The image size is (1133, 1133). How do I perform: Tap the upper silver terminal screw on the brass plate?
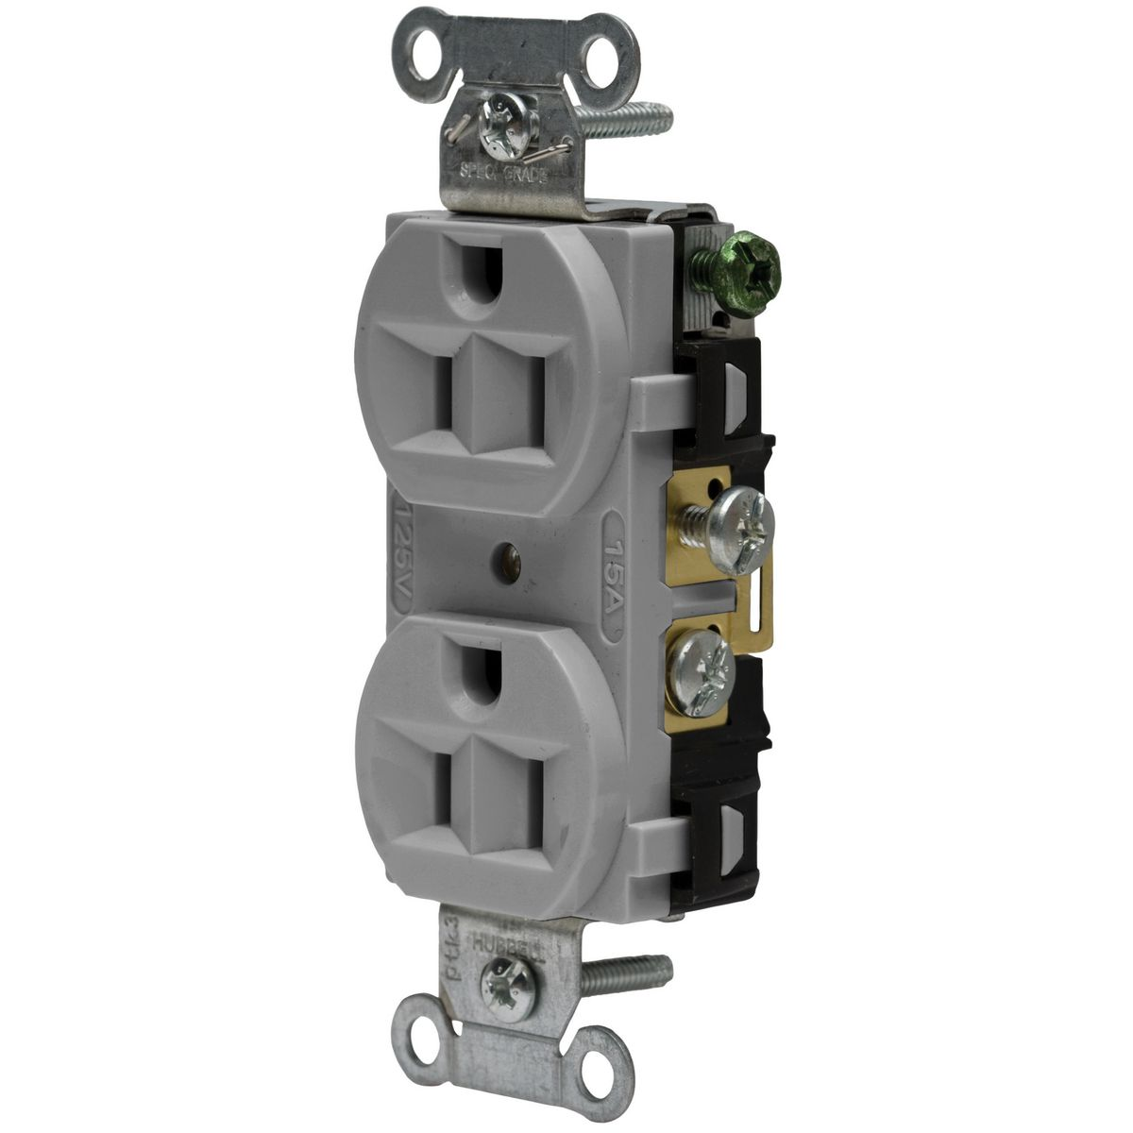741,517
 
